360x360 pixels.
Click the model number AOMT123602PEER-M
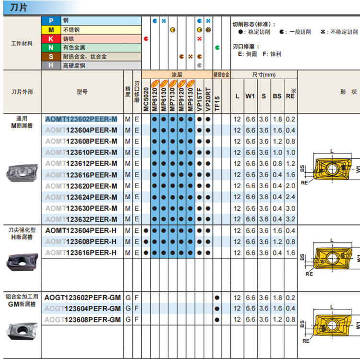(x=81, y=119)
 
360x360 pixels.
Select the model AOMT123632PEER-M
(x=81, y=219)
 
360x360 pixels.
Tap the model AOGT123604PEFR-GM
(x=83, y=308)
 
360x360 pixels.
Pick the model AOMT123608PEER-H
(x=81, y=241)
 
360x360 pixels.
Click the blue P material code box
(x=50, y=21)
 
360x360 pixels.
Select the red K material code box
(x=50, y=38)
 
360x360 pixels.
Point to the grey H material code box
(x=50, y=65)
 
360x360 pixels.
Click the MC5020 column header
(x=146, y=96)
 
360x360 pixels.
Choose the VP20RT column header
(x=208, y=96)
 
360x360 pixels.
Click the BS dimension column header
(x=277, y=96)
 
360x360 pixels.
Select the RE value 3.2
(x=290, y=219)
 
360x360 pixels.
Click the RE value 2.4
(x=290, y=197)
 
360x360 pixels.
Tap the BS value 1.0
(x=277, y=153)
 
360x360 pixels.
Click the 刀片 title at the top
(x=18, y=7)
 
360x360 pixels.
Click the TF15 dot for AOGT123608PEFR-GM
(x=217, y=320)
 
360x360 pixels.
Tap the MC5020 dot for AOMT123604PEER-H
(x=146, y=230)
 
